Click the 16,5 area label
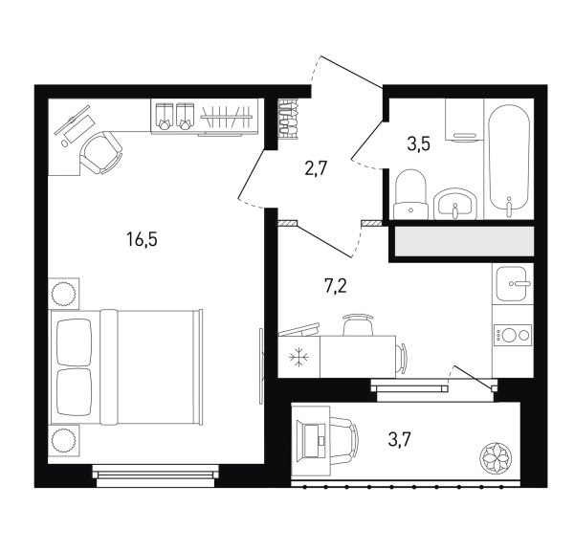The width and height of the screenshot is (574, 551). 142,240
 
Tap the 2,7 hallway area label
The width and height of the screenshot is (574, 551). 316,169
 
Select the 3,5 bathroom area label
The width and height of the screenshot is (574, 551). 418,143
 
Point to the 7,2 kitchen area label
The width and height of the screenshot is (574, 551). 336,286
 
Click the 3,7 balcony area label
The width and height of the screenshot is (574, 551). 399,439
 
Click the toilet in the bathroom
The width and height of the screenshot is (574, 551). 410,194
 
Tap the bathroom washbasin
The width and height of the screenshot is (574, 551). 455,204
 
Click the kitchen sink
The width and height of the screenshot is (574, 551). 513,284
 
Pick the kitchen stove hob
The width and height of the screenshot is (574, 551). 513,335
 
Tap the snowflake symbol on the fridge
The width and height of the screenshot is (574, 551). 298,357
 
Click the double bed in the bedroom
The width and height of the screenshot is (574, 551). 125,367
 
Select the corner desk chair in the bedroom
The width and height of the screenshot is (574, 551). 100,153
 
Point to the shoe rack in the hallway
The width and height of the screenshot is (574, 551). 288,119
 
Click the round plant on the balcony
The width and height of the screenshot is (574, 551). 495,457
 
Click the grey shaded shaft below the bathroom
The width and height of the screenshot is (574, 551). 464,241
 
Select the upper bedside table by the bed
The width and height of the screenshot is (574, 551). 64,294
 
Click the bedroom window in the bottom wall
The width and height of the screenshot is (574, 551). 156,475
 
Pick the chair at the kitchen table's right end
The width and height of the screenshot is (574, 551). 402,358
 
